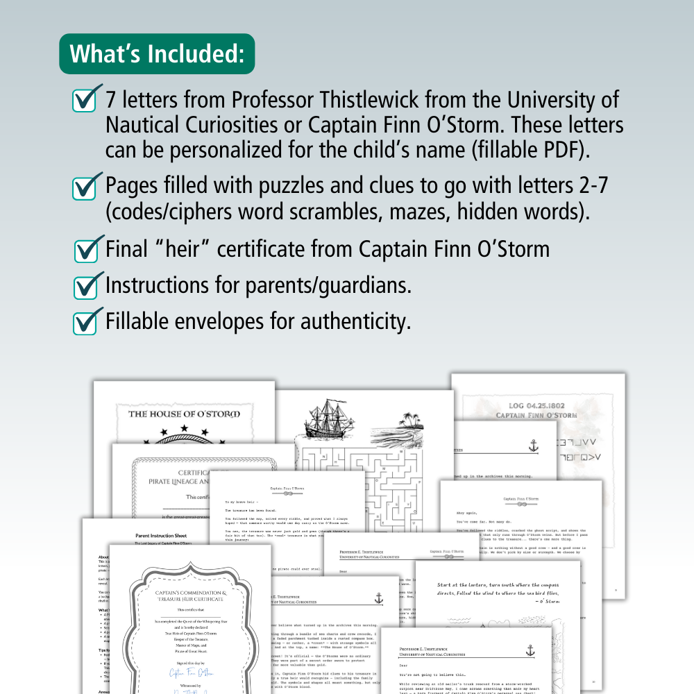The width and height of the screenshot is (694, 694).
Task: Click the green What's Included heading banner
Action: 158,53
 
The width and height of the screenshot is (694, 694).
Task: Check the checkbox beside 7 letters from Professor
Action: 85,101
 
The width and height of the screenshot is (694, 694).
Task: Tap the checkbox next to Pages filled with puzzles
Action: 85,187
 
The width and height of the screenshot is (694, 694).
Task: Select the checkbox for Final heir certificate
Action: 86,249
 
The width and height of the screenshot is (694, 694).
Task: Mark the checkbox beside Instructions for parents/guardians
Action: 85,285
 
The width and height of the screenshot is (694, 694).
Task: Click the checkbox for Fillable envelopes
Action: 85,321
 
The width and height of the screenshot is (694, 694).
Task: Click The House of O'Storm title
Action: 184,414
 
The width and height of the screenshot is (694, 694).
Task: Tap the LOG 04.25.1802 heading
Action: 536,406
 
